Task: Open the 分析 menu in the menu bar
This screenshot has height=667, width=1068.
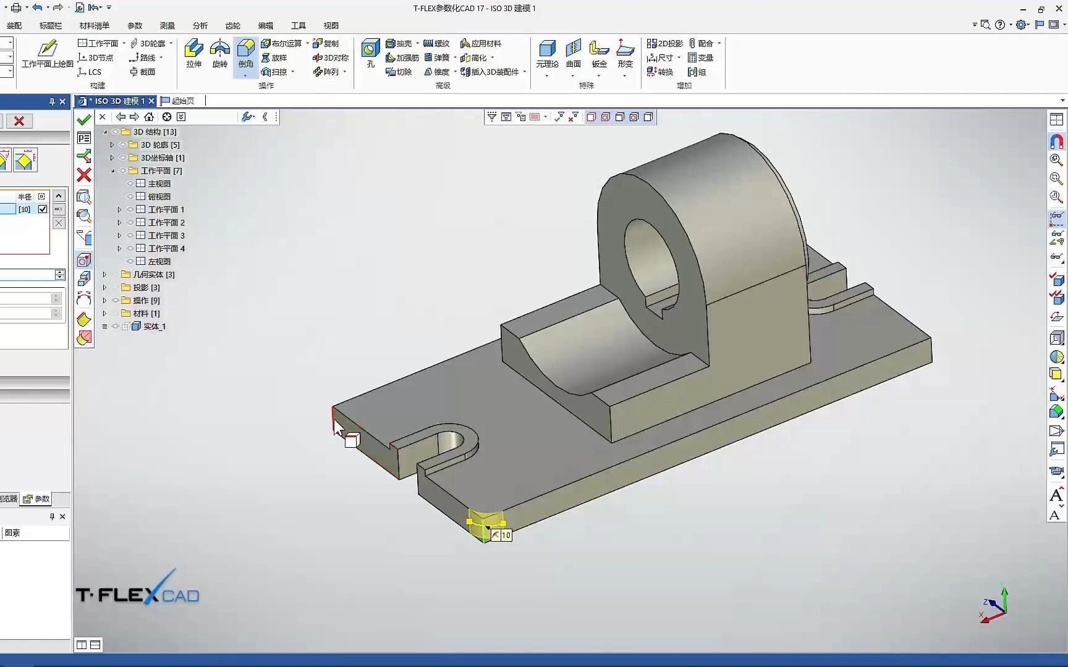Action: [200, 25]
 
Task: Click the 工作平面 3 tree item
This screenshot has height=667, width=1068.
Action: [166, 235]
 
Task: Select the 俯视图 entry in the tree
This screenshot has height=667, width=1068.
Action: [159, 196]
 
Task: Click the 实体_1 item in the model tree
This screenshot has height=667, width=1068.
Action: [154, 326]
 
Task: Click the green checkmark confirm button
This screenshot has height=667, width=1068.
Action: [84, 120]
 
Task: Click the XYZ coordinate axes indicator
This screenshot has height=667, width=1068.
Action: [994, 606]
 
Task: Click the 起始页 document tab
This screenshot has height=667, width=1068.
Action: [179, 101]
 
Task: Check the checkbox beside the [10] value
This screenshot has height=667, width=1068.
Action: [43, 209]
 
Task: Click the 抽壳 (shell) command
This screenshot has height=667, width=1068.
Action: [399, 43]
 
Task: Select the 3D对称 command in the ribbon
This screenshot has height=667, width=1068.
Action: [331, 57]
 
